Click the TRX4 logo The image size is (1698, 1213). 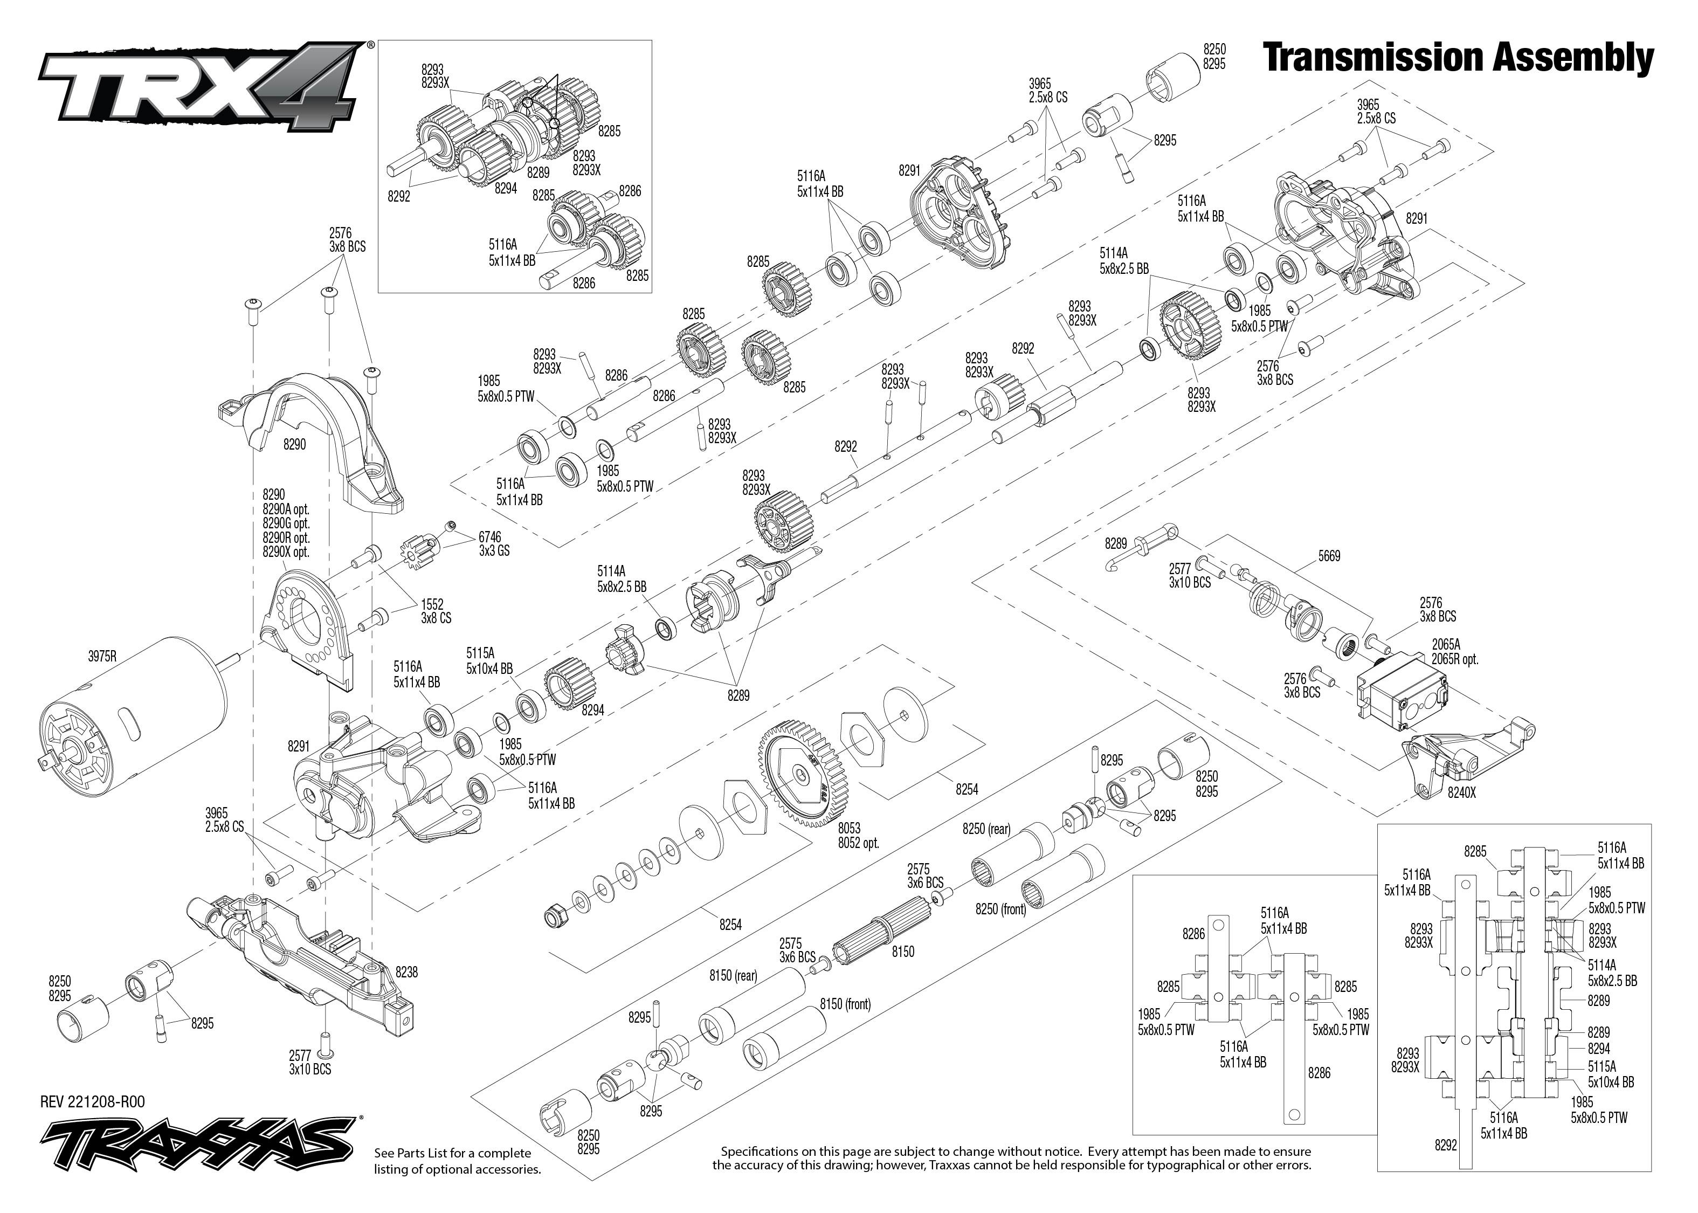(202, 88)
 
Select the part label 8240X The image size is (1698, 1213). (1461, 814)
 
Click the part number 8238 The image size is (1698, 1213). (406, 973)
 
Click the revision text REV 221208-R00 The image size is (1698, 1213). (93, 1102)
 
